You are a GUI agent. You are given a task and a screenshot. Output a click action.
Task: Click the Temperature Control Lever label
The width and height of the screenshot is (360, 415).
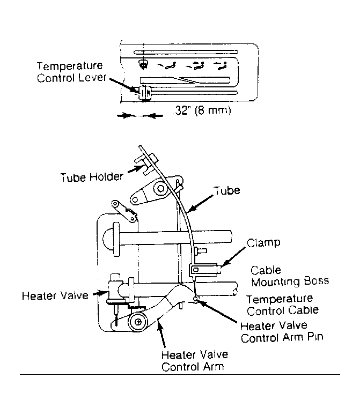[71, 72]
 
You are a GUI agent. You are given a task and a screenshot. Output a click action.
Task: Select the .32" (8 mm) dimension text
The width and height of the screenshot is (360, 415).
[203, 110]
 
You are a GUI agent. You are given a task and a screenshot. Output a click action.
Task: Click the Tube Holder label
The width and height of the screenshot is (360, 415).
[92, 177]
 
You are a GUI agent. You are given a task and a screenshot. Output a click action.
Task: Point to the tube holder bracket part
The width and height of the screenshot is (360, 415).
[146, 164]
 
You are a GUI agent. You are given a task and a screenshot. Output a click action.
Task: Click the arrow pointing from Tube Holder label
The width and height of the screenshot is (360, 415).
[135, 169]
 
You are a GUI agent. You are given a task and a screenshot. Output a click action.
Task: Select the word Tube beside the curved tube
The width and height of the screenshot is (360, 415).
[227, 190]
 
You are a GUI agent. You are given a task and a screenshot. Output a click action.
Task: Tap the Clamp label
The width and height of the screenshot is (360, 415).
[263, 242]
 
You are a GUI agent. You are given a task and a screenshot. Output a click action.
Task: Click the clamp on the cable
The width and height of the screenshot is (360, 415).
[204, 270]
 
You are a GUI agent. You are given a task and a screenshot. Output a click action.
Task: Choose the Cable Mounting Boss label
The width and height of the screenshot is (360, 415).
[290, 276]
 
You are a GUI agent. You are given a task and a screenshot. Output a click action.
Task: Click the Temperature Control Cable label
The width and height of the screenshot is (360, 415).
[282, 305]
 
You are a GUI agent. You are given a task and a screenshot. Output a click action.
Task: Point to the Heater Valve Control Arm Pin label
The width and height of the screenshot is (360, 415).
[282, 332]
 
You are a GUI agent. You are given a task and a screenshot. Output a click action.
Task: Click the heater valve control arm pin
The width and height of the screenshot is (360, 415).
[195, 299]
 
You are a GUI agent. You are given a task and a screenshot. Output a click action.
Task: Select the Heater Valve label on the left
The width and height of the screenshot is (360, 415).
[55, 295]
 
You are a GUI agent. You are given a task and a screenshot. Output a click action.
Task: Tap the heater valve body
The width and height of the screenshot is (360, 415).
[115, 290]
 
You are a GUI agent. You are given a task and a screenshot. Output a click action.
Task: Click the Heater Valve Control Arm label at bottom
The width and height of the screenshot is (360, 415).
[195, 360]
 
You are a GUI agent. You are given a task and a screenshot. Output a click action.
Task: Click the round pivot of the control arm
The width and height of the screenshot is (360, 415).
[138, 322]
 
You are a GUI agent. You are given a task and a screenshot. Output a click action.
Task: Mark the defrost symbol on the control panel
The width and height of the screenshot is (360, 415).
[143, 64]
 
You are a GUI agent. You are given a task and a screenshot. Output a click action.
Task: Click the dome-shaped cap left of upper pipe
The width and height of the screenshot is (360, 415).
[108, 239]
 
